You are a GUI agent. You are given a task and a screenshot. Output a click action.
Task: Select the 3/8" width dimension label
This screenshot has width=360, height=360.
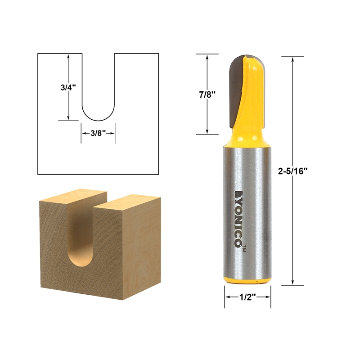tap(98, 133)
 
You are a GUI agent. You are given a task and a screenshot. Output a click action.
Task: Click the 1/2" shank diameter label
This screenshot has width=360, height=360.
tap(247, 297)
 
